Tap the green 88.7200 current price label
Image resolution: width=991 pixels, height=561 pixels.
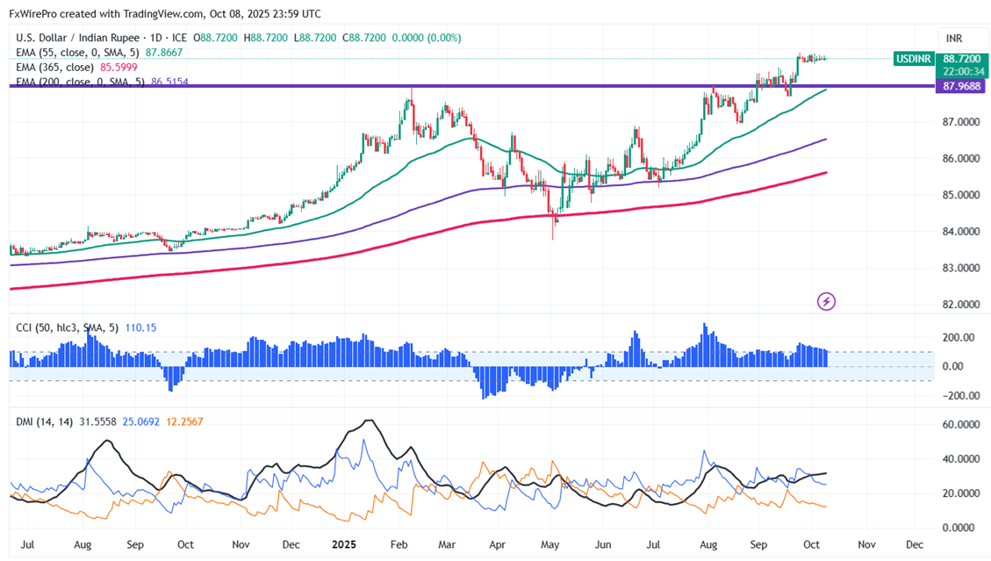tap(959, 58)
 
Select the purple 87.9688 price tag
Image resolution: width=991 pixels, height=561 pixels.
tap(959, 86)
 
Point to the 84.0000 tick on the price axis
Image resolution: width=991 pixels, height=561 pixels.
tap(959, 232)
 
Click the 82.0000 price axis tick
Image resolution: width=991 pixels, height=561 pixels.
tap(959, 305)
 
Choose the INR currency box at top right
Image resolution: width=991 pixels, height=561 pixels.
tap(954, 38)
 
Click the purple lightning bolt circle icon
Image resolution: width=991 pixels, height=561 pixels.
tap(826, 302)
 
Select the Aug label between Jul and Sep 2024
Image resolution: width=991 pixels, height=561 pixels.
tap(83, 544)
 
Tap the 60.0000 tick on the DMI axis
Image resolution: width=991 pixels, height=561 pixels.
tap(959, 423)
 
